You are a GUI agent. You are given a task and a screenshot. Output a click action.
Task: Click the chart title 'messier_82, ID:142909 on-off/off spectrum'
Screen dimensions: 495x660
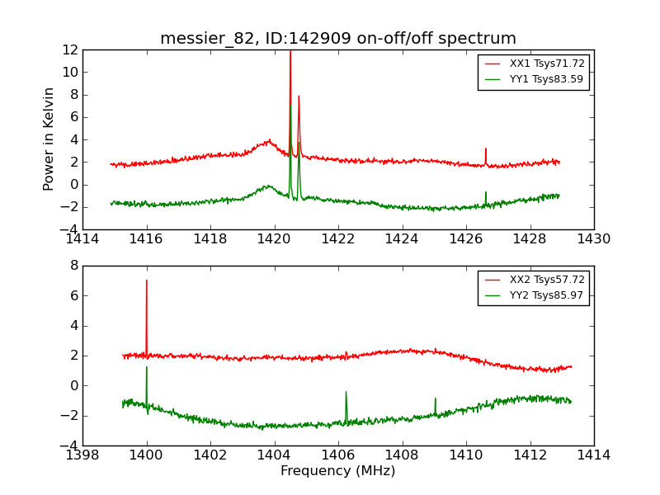[x=338, y=39]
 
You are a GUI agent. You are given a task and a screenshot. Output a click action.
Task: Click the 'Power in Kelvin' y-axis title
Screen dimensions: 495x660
[x=49, y=139]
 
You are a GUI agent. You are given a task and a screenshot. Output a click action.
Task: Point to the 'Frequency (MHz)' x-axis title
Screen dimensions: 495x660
[x=338, y=471]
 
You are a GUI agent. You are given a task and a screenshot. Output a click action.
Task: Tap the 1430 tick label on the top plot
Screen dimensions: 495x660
[x=594, y=239]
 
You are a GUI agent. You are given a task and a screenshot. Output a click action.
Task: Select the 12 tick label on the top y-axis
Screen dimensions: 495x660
[x=69, y=49]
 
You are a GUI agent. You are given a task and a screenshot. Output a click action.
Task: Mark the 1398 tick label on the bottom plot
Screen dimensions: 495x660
[x=82, y=455]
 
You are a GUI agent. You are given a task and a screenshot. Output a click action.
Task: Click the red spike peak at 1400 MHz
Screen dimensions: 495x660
[x=147, y=281]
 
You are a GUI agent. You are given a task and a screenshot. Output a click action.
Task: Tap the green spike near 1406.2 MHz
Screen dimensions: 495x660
[x=346, y=393]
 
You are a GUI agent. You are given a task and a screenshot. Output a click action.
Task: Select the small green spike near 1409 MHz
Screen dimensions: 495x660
[x=436, y=399]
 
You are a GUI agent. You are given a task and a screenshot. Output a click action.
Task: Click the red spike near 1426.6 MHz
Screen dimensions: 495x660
[x=486, y=149]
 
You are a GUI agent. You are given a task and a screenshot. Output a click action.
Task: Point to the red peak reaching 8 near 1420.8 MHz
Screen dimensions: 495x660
[x=299, y=97]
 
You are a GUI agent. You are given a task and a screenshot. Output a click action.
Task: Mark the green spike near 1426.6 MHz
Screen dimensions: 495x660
[x=486, y=193]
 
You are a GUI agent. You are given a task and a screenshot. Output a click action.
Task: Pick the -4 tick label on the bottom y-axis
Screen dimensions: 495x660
[x=69, y=445]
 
